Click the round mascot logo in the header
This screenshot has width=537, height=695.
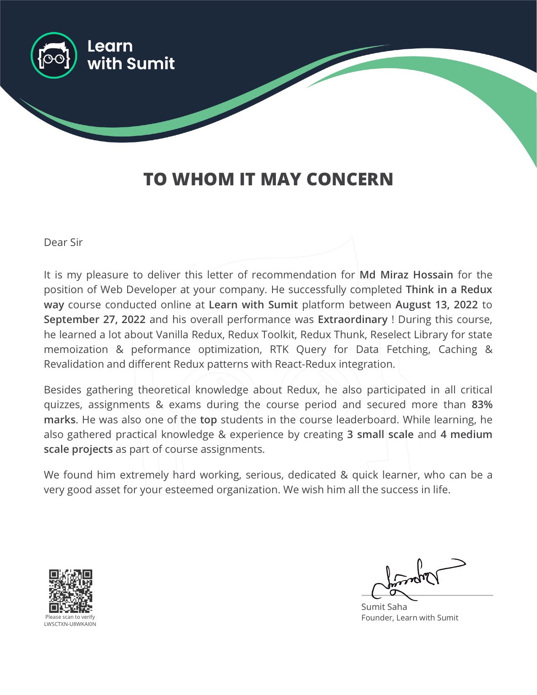54,56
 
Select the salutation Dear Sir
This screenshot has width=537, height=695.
63,243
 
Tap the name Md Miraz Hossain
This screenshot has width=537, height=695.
406,275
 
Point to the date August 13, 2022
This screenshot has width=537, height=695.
436,305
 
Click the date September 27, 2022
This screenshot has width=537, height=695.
94,320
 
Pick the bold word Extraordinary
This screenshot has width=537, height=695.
352,320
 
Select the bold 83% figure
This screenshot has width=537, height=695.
482,405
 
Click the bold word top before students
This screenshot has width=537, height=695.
208,420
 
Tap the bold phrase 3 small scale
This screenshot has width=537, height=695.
380,435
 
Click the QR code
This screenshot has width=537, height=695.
70,591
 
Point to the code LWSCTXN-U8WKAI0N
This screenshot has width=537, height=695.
70,624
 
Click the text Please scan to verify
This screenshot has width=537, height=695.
70,617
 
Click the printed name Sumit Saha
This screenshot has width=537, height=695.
384,607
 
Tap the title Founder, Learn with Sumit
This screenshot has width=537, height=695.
409,618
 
